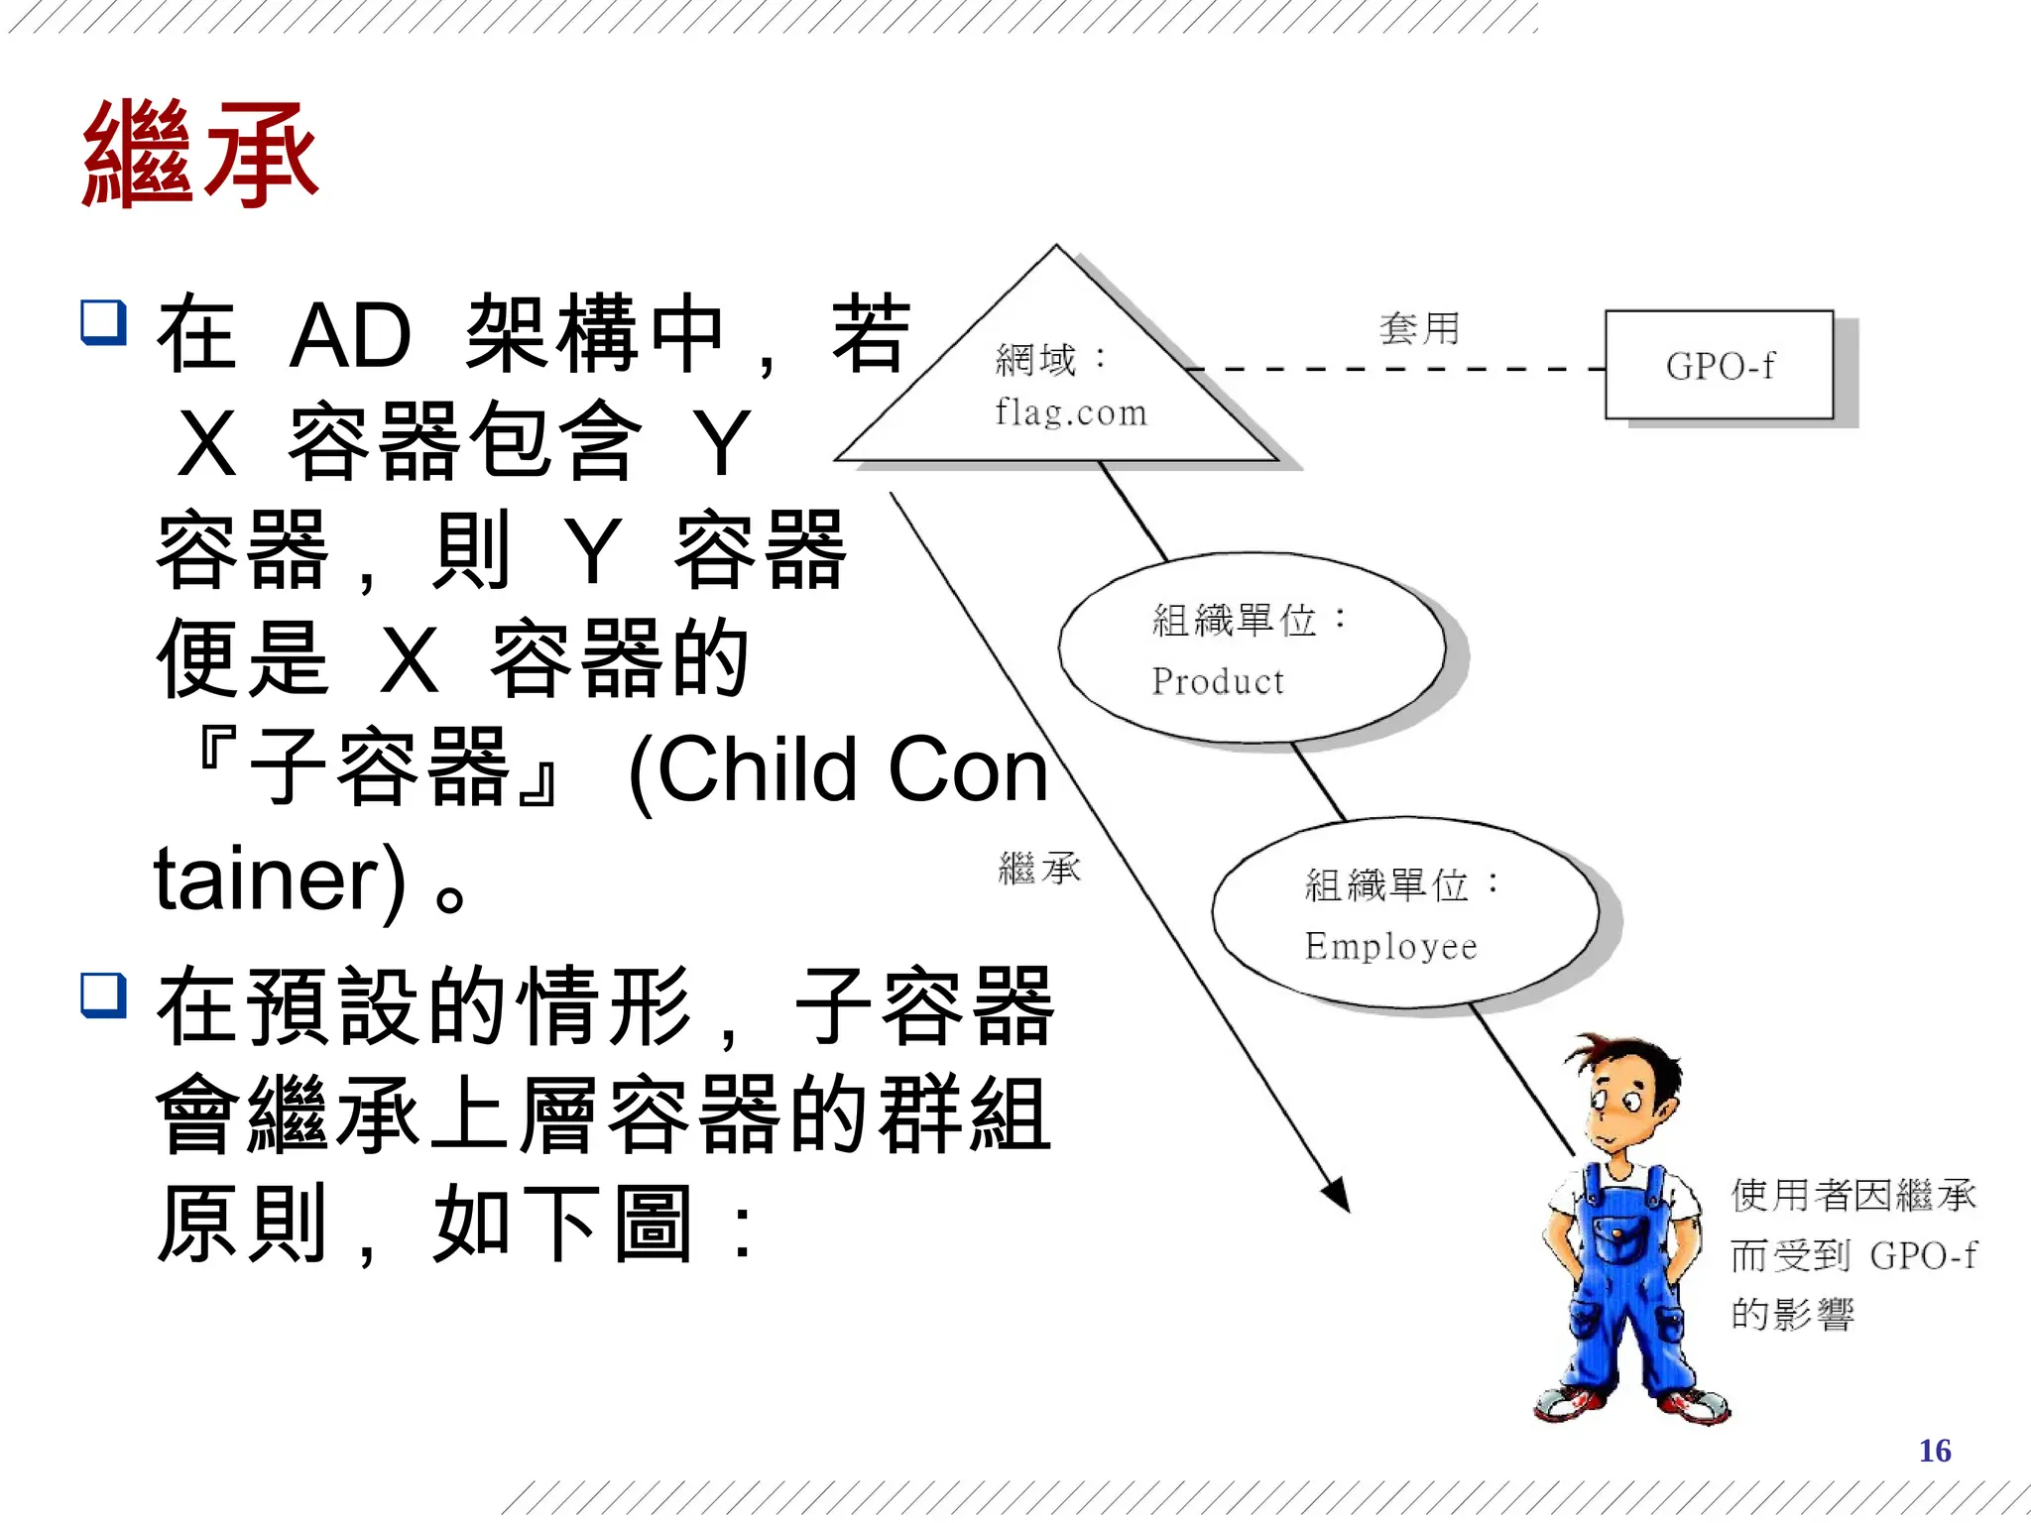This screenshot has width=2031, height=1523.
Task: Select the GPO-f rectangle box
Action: (x=1719, y=365)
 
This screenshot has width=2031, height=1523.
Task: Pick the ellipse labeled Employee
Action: (x=1404, y=912)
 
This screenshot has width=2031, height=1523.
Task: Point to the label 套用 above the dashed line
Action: (x=1419, y=328)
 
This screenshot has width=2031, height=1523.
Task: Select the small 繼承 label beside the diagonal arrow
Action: (x=1039, y=869)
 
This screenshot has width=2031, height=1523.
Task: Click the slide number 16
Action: (x=1934, y=1451)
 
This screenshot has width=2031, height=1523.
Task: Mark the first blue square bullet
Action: (x=103, y=322)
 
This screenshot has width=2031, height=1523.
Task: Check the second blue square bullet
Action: (x=103, y=995)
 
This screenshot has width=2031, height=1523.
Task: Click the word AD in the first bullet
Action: (x=349, y=335)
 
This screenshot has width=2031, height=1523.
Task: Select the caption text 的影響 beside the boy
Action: (x=1792, y=1315)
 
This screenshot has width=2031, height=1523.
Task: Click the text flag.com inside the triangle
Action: (x=1071, y=411)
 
